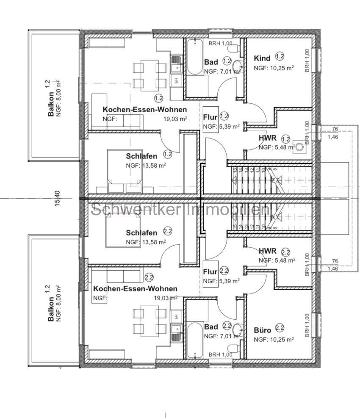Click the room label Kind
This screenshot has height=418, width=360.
click(x=262, y=58)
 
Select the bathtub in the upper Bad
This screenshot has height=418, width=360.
click(x=195, y=57)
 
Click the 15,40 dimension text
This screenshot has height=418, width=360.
click(x=58, y=199)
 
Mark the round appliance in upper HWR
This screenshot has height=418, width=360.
click(x=301, y=147)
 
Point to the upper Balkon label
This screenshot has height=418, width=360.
click(x=51, y=104)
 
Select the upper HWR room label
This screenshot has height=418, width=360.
click(x=268, y=138)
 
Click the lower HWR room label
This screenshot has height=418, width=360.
click(x=268, y=251)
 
